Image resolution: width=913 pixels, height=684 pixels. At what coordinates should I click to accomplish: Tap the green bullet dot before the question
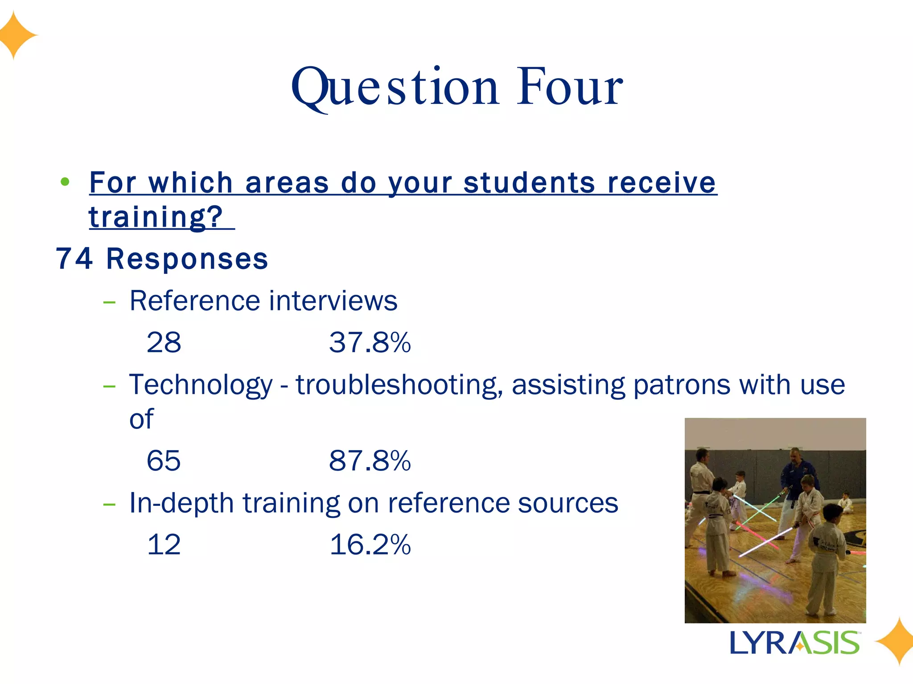point(65,182)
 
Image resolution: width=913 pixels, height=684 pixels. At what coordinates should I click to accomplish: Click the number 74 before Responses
point(74,259)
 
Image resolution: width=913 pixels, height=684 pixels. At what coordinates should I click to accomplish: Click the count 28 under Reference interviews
point(164,342)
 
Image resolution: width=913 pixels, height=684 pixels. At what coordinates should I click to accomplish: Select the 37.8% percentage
point(370,342)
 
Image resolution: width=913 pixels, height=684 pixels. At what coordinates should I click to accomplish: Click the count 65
point(164,460)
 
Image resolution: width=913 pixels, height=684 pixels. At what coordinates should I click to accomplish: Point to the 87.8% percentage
point(370,460)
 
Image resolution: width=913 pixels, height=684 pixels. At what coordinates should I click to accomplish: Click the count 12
point(164,545)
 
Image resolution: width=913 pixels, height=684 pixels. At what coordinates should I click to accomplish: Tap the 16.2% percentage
point(370,545)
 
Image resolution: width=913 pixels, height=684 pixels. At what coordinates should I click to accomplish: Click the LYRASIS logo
point(794,643)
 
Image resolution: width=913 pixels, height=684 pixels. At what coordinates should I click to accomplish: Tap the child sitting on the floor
point(845,503)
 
